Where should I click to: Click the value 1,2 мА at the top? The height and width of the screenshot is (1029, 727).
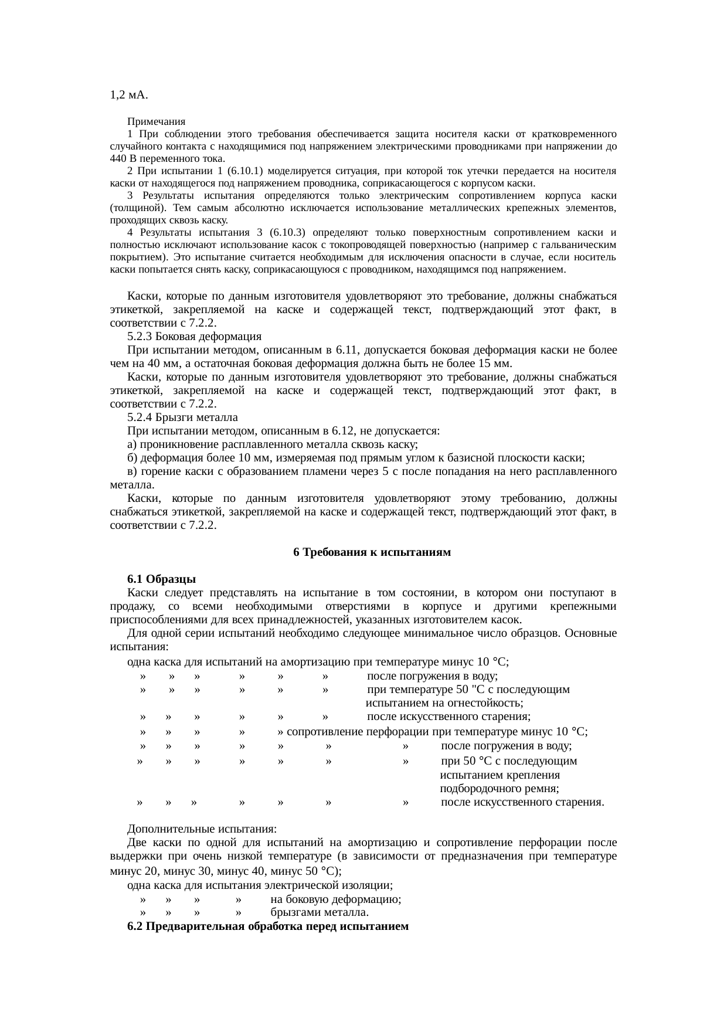128,95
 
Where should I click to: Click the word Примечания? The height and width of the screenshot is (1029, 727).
156,122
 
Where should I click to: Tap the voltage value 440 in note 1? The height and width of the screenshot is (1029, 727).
118,159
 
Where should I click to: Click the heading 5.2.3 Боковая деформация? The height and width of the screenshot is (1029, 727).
194,337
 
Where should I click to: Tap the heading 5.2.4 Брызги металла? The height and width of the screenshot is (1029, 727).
182,417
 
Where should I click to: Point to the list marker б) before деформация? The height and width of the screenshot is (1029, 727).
133,458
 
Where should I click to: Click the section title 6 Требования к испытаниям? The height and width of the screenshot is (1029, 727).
372,552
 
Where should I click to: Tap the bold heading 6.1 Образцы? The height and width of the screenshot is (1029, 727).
161,579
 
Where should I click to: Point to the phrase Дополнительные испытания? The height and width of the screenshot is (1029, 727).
202,830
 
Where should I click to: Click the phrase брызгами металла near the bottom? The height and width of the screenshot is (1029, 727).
320,913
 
